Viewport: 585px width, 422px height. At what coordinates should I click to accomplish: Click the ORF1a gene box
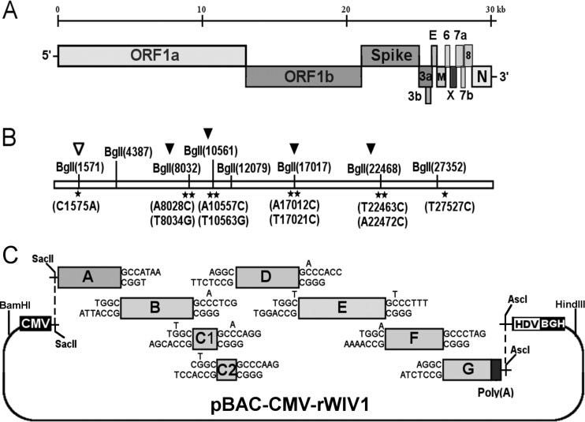151,56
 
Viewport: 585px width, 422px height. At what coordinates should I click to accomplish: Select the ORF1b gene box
304,77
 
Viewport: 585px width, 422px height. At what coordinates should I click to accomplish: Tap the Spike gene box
389,56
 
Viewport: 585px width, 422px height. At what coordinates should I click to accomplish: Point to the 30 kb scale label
497,7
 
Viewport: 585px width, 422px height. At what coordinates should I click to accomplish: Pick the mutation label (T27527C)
445,207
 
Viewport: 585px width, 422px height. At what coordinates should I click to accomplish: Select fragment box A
88,276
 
